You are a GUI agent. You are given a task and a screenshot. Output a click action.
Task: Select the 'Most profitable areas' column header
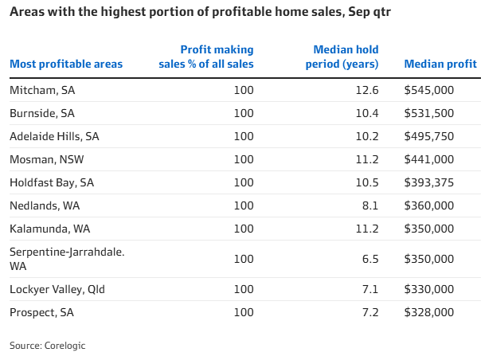click(66, 64)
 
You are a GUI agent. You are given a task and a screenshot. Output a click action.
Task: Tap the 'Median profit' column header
click(440, 64)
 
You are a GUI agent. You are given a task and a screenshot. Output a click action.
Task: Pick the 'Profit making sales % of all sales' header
click(213, 57)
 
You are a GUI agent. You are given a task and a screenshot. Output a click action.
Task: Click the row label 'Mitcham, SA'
click(41, 90)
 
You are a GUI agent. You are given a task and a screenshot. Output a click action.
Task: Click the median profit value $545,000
click(450, 90)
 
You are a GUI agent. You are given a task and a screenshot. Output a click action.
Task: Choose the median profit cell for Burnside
click(450, 113)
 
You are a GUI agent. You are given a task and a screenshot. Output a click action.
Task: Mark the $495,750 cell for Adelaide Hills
click(450, 136)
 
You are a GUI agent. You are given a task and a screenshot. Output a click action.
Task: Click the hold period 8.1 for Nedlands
click(370, 205)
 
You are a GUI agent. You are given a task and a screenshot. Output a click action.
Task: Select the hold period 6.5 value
click(370, 259)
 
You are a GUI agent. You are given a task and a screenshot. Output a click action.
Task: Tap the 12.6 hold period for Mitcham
click(367, 90)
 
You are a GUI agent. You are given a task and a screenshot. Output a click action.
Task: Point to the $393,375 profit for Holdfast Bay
click(450, 182)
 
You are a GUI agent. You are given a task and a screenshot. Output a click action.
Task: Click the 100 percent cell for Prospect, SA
click(244, 312)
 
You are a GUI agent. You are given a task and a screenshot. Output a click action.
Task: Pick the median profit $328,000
click(450, 312)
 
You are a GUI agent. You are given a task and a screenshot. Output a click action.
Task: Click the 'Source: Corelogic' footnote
click(47, 345)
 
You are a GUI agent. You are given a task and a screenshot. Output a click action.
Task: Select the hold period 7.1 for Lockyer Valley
click(370, 289)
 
